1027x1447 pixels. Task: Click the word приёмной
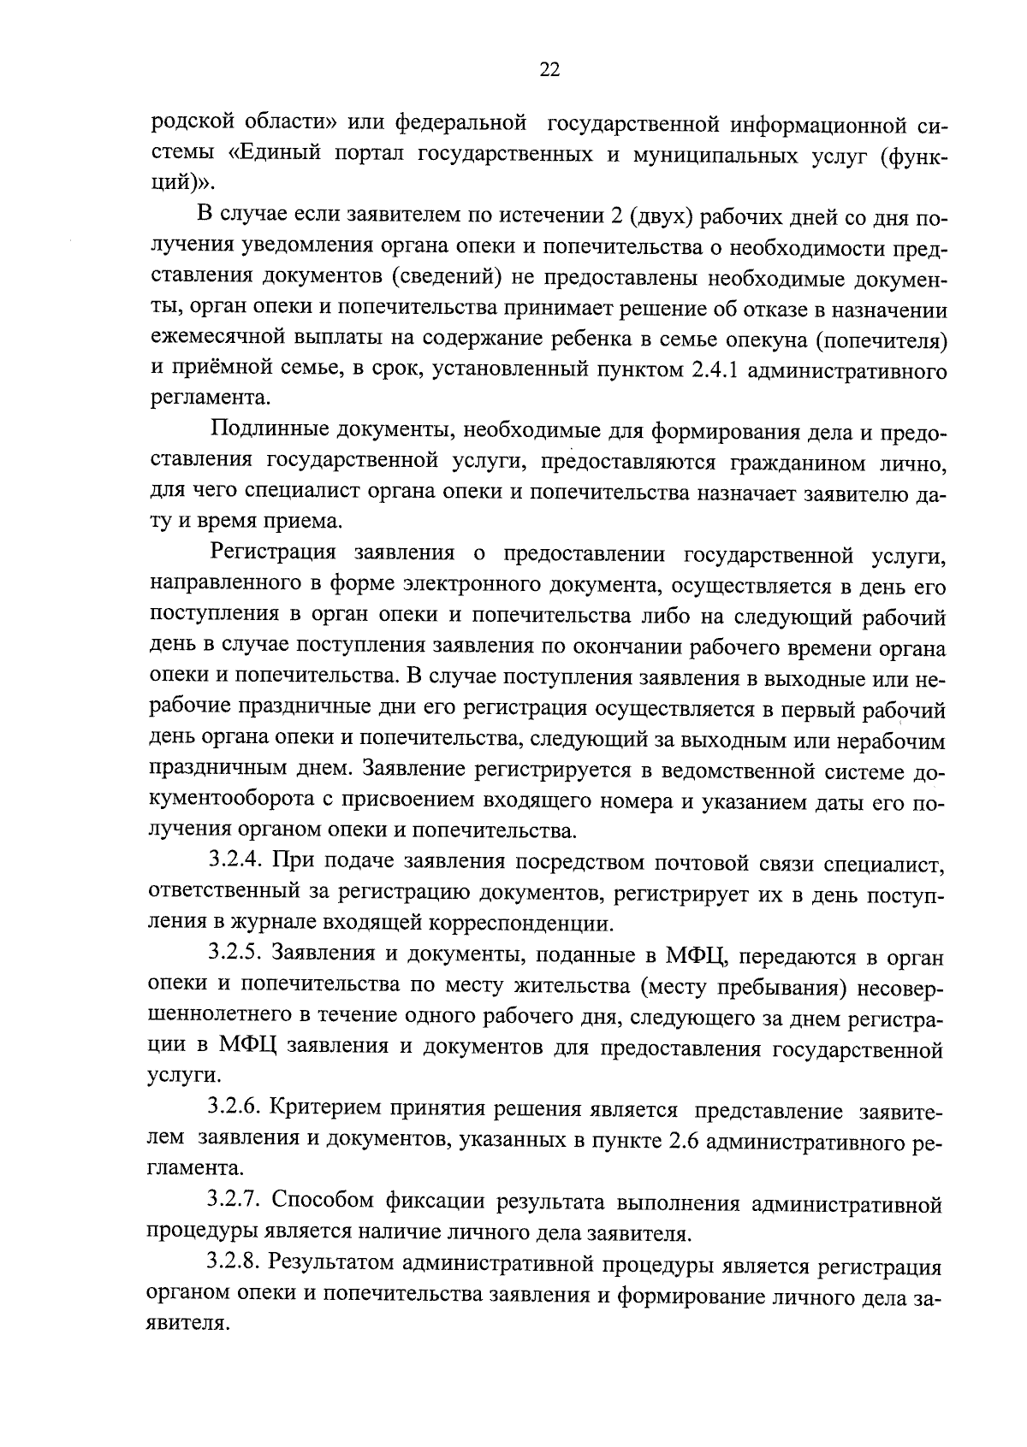[212, 370]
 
